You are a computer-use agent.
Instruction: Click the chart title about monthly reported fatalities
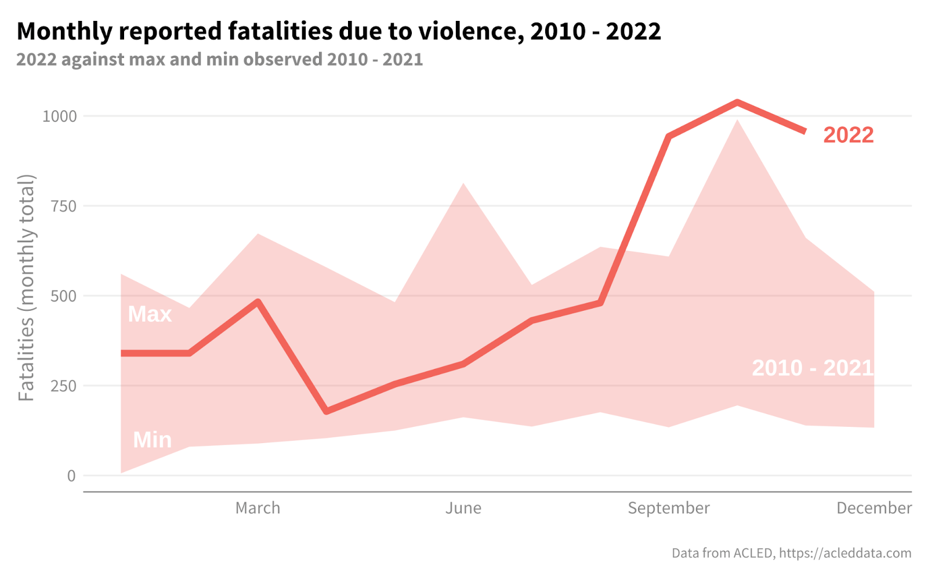(338, 31)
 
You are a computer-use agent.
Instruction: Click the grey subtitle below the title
(219, 59)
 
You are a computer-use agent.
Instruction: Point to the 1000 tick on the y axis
(60, 117)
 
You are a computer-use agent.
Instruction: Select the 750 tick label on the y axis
(64, 206)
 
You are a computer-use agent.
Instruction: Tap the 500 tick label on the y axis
(64, 296)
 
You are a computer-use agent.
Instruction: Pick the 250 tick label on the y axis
(64, 386)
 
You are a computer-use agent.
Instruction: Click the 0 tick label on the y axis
(71, 476)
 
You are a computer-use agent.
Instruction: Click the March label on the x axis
(258, 508)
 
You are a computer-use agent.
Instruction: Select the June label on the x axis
(463, 508)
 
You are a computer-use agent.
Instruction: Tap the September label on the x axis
(668, 508)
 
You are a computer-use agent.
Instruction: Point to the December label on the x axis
(873, 508)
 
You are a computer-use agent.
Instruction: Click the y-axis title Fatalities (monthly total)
(27, 288)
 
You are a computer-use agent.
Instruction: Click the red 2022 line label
(848, 135)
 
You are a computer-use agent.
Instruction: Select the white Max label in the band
(150, 314)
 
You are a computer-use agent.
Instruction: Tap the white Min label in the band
(152, 440)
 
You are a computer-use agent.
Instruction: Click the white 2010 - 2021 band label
(812, 368)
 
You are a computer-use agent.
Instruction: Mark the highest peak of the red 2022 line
(737, 103)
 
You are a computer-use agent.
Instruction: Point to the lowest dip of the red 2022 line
(327, 411)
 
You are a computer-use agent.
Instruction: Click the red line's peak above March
(258, 302)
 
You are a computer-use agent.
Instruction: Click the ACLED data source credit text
(791, 553)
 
